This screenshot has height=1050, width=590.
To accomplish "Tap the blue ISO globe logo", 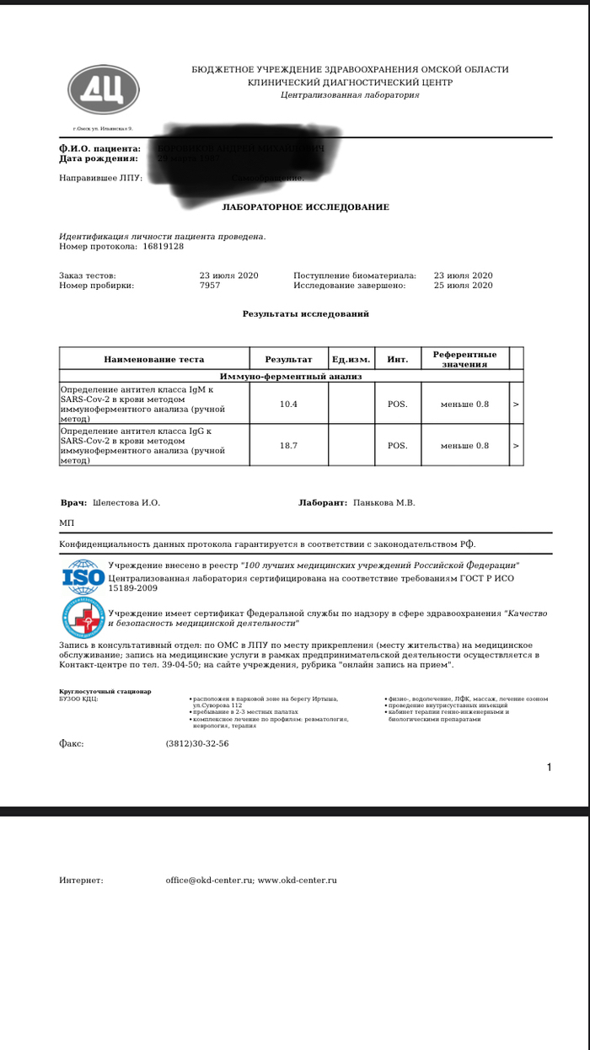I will pyautogui.click(x=83, y=577).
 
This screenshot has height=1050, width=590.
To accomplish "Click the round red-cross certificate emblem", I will pyautogui.click(x=83, y=617).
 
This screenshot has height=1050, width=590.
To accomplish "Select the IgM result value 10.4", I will pyautogui.click(x=288, y=404).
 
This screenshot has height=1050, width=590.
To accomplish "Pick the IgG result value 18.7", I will pyautogui.click(x=288, y=446).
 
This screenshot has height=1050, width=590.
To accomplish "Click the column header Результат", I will pyautogui.click(x=288, y=360).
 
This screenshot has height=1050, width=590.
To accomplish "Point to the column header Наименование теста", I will pyautogui.click(x=154, y=360).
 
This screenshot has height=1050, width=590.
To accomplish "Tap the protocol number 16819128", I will pyautogui.click(x=163, y=247).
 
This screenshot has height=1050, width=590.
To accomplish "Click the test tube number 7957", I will pyautogui.click(x=210, y=286).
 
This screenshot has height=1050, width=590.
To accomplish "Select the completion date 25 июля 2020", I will pyautogui.click(x=463, y=286).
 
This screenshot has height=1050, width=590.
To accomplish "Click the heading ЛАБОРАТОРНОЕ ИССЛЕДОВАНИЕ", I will pyautogui.click(x=305, y=207).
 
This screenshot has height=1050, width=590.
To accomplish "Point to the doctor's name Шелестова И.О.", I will pyautogui.click(x=126, y=503).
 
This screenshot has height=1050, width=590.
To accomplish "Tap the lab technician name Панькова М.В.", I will pyautogui.click(x=384, y=503).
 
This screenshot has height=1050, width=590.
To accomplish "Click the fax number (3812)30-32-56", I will pyautogui.click(x=197, y=744).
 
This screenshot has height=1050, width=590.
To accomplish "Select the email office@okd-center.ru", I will pyautogui.click(x=209, y=881).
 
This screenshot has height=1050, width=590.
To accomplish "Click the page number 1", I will pyautogui.click(x=549, y=767).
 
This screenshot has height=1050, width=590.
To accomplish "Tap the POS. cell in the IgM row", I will pyautogui.click(x=397, y=404).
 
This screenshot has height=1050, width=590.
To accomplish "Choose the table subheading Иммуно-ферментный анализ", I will pyautogui.click(x=290, y=377).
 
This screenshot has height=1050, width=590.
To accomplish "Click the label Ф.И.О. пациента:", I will pyautogui.click(x=99, y=149).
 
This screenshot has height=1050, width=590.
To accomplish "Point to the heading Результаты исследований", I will pyautogui.click(x=305, y=314).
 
